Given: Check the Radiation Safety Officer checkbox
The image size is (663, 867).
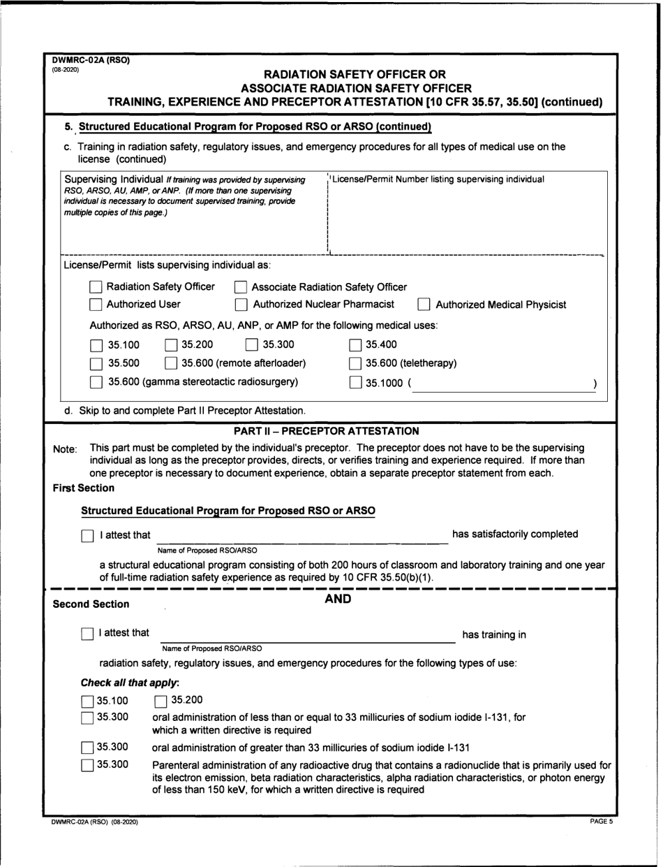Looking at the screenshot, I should click(x=96, y=286).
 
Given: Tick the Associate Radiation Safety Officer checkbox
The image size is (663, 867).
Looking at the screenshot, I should click(x=240, y=287).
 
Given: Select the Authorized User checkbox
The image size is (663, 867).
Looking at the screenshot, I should click(x=96, y=305).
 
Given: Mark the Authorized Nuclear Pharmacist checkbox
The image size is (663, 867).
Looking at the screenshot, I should click(x=241, y=305).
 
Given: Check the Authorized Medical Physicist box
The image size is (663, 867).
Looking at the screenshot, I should click(x=424, y=305).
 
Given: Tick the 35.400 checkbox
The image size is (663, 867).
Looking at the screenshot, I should click(x=355, y=344).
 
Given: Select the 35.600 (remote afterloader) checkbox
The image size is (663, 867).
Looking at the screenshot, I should click(x=171, y=363).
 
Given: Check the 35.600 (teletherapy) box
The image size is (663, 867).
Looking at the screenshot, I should click(x=355, y=363).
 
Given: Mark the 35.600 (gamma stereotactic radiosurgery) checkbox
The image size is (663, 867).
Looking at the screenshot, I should click(x=96, y=382).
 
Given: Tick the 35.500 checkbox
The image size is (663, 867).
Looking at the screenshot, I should click(x=96, y=363).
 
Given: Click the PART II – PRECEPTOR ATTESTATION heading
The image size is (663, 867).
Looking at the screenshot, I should click(x=327, y=431).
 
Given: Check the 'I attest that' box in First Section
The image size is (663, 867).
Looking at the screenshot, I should click(x=87, y=536).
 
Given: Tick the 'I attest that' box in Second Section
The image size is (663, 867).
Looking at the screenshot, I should click(x=87, y=634).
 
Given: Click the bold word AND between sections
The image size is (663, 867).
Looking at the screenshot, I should click(x=338, y=599).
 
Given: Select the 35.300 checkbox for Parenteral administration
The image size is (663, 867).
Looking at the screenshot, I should click(x=87, y=766).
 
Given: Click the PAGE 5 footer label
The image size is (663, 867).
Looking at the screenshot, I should click(x=601, y=822).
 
